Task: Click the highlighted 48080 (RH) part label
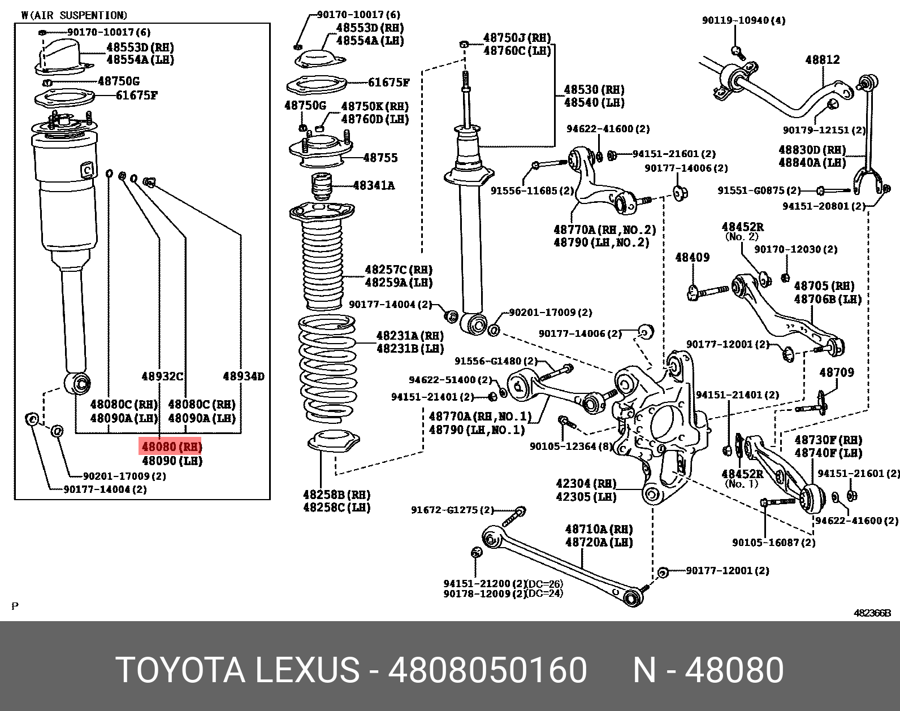pyautogui.click(x=171, y=446)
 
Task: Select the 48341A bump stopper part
pyautogui.click(x=321, y=186)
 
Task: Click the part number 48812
pyautogui.click(x=823, y=60)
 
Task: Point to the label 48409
pyautogui.click(x=692, y=258)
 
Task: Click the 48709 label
pyautogui.click(x=837, y=372)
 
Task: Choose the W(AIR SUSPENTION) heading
pyautogui.click(x=74, y=15)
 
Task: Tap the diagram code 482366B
pyautogui.click(x=872, y=613)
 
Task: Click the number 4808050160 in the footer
pyautogui.click(x=487, y=670)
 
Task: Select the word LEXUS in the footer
pyautogui.click(x=307, y=670)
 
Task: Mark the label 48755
pyautogui.click(x=380, y=158)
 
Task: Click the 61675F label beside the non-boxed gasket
pyautogui.click(x=388, y=83)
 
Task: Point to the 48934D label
pyautogui.click(x=244, y=376)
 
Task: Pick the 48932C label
pyautogui.click(x=162, y=376)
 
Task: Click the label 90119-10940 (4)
pyautogui.click(x=743, y=20)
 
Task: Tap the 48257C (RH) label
pyautogui.click(x=399, y=270)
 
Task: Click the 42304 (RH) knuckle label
pyautogui.click(x=586, y=484)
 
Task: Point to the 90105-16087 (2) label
pyautogui.click(x=773, y=543)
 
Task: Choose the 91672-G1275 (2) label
pyautogui.click(x=452, y=510)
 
